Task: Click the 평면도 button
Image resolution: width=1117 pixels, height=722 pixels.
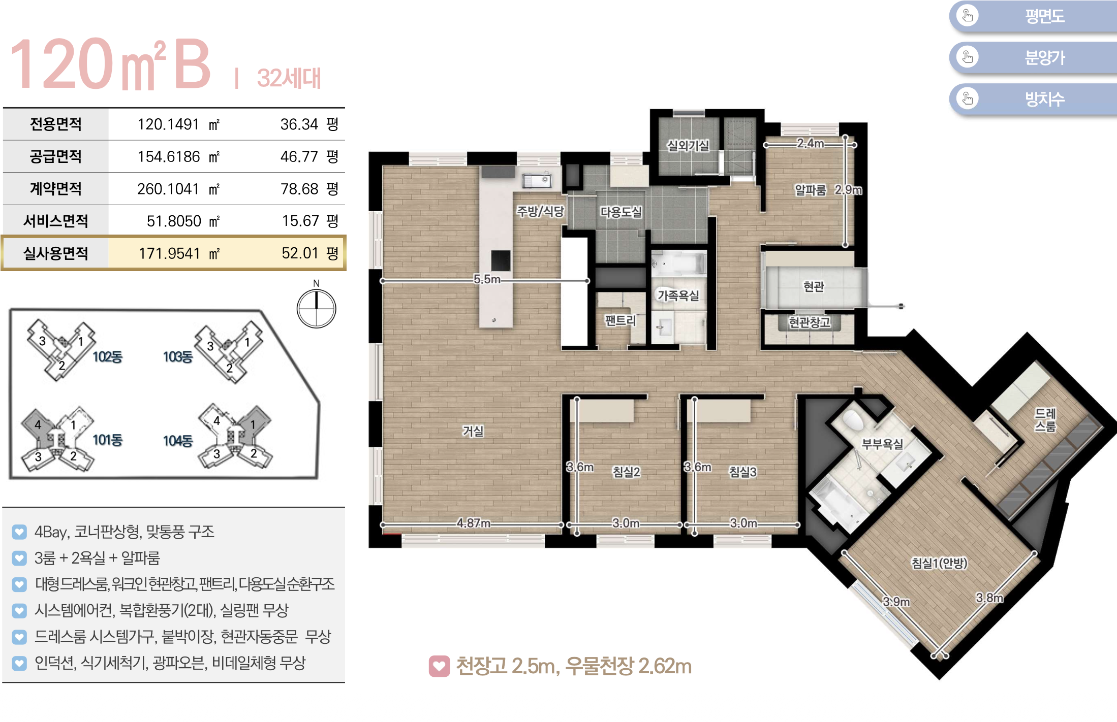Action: click(1033, 16)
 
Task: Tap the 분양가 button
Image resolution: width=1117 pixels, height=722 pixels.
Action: click(1033, 57)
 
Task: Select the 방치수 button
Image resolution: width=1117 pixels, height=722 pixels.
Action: click(1033, 99)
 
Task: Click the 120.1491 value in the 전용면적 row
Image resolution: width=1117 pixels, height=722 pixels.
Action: click(168, 124)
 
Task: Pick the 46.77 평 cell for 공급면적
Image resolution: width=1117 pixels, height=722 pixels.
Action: click(309, 156)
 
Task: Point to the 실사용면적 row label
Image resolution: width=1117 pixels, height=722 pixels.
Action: click(56, 253)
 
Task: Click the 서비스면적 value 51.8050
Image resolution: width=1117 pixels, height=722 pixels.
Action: click(174, 221)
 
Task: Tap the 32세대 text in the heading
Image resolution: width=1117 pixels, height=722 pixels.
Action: click(289, 78)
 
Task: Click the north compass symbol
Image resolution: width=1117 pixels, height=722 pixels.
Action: click(316, 308)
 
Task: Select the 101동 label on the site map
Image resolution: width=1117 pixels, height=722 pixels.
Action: click(107, 440)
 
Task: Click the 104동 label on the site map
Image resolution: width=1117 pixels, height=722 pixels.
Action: click(178, 441)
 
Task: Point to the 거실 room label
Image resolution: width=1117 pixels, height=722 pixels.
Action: click(473, 431)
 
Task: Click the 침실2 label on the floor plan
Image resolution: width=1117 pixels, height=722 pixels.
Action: click(626, 472)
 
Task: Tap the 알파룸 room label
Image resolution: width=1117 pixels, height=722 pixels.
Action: click(811, 190)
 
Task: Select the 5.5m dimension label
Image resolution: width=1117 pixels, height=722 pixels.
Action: click(487, 279)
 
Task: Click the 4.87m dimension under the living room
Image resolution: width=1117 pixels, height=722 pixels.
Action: click(474, 523)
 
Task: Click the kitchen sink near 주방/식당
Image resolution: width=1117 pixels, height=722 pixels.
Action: click(536, 180)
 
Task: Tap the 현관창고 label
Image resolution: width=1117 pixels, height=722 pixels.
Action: click(809, 322)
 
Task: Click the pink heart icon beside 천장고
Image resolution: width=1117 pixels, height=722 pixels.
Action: click(440, 666)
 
